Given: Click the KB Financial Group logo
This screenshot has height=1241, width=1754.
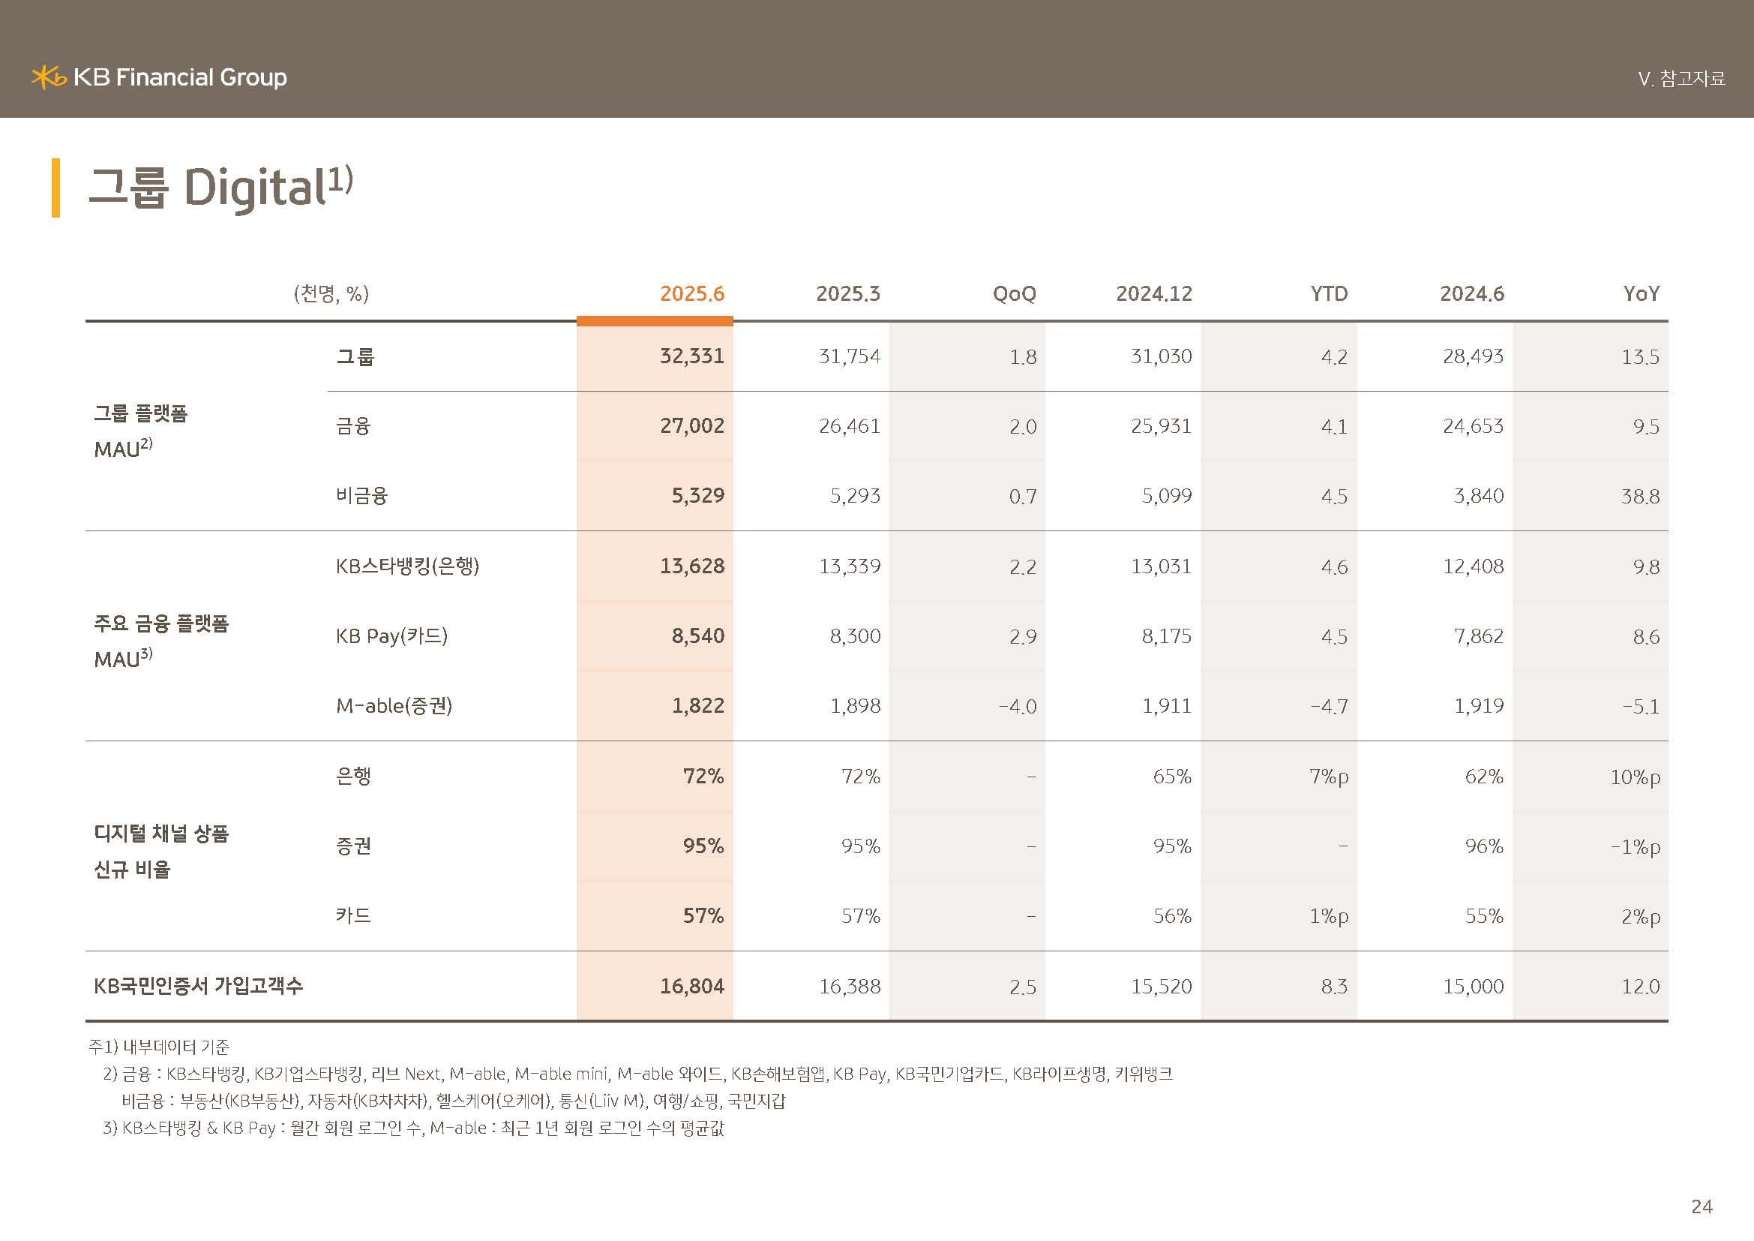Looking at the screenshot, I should pos(159,77).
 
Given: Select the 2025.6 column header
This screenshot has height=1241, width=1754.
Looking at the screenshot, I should pos(691,293).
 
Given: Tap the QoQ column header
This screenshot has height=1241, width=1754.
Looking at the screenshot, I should pos(1014,293).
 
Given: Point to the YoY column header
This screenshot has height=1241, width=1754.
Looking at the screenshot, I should pos(1641,293).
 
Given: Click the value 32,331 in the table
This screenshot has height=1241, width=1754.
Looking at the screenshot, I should pos(691,356).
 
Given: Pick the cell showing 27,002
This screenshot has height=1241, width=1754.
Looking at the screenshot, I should pos(691,425).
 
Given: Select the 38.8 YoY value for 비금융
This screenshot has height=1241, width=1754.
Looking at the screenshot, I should pos(1640,497).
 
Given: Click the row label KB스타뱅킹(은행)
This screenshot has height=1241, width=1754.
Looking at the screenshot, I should pos(407,566).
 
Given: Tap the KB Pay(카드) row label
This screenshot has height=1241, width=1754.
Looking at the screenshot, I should pos(391,636).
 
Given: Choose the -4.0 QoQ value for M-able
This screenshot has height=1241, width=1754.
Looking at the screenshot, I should pos(1018,706).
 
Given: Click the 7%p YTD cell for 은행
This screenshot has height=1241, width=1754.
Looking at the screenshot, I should pos(1329,777).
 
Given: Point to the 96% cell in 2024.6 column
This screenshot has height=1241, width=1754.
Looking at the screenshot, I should pos(1483,846).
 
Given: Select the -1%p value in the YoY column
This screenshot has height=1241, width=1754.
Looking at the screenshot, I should pos(1635,847).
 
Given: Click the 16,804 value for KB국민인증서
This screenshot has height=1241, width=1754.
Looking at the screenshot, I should pos(691,987).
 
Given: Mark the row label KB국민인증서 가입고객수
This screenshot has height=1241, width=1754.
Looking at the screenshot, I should pos(198,986).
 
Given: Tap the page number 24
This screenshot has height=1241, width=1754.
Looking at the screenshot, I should pos(1702,1206).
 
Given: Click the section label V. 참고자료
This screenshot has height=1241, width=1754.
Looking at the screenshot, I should pos(1681,79).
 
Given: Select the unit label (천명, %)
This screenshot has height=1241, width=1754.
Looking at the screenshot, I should pos(331,293).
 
